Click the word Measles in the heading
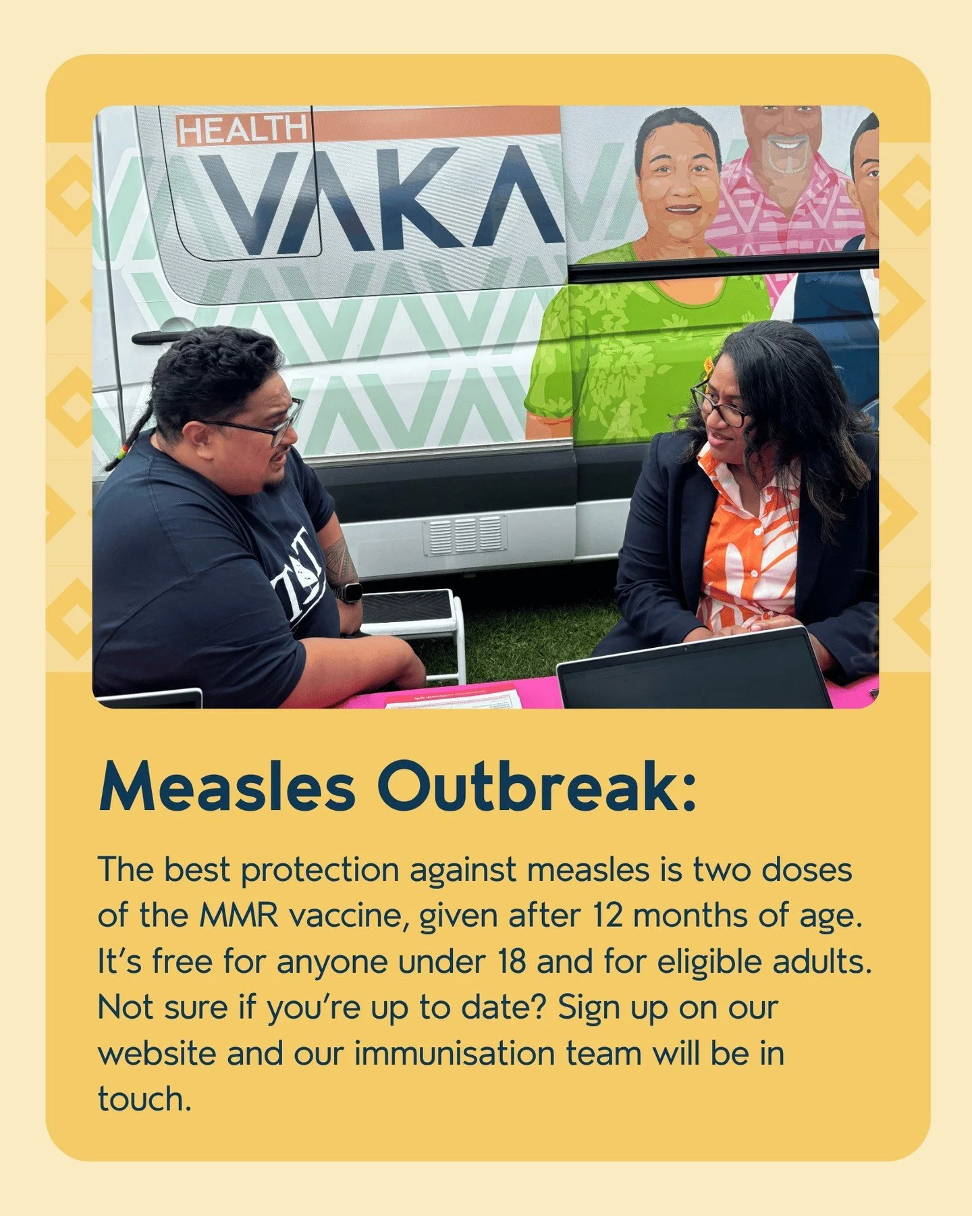point(227,788)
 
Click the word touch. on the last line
point(144,1099)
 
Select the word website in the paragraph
point(157,1054)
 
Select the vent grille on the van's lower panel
point(465,536)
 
